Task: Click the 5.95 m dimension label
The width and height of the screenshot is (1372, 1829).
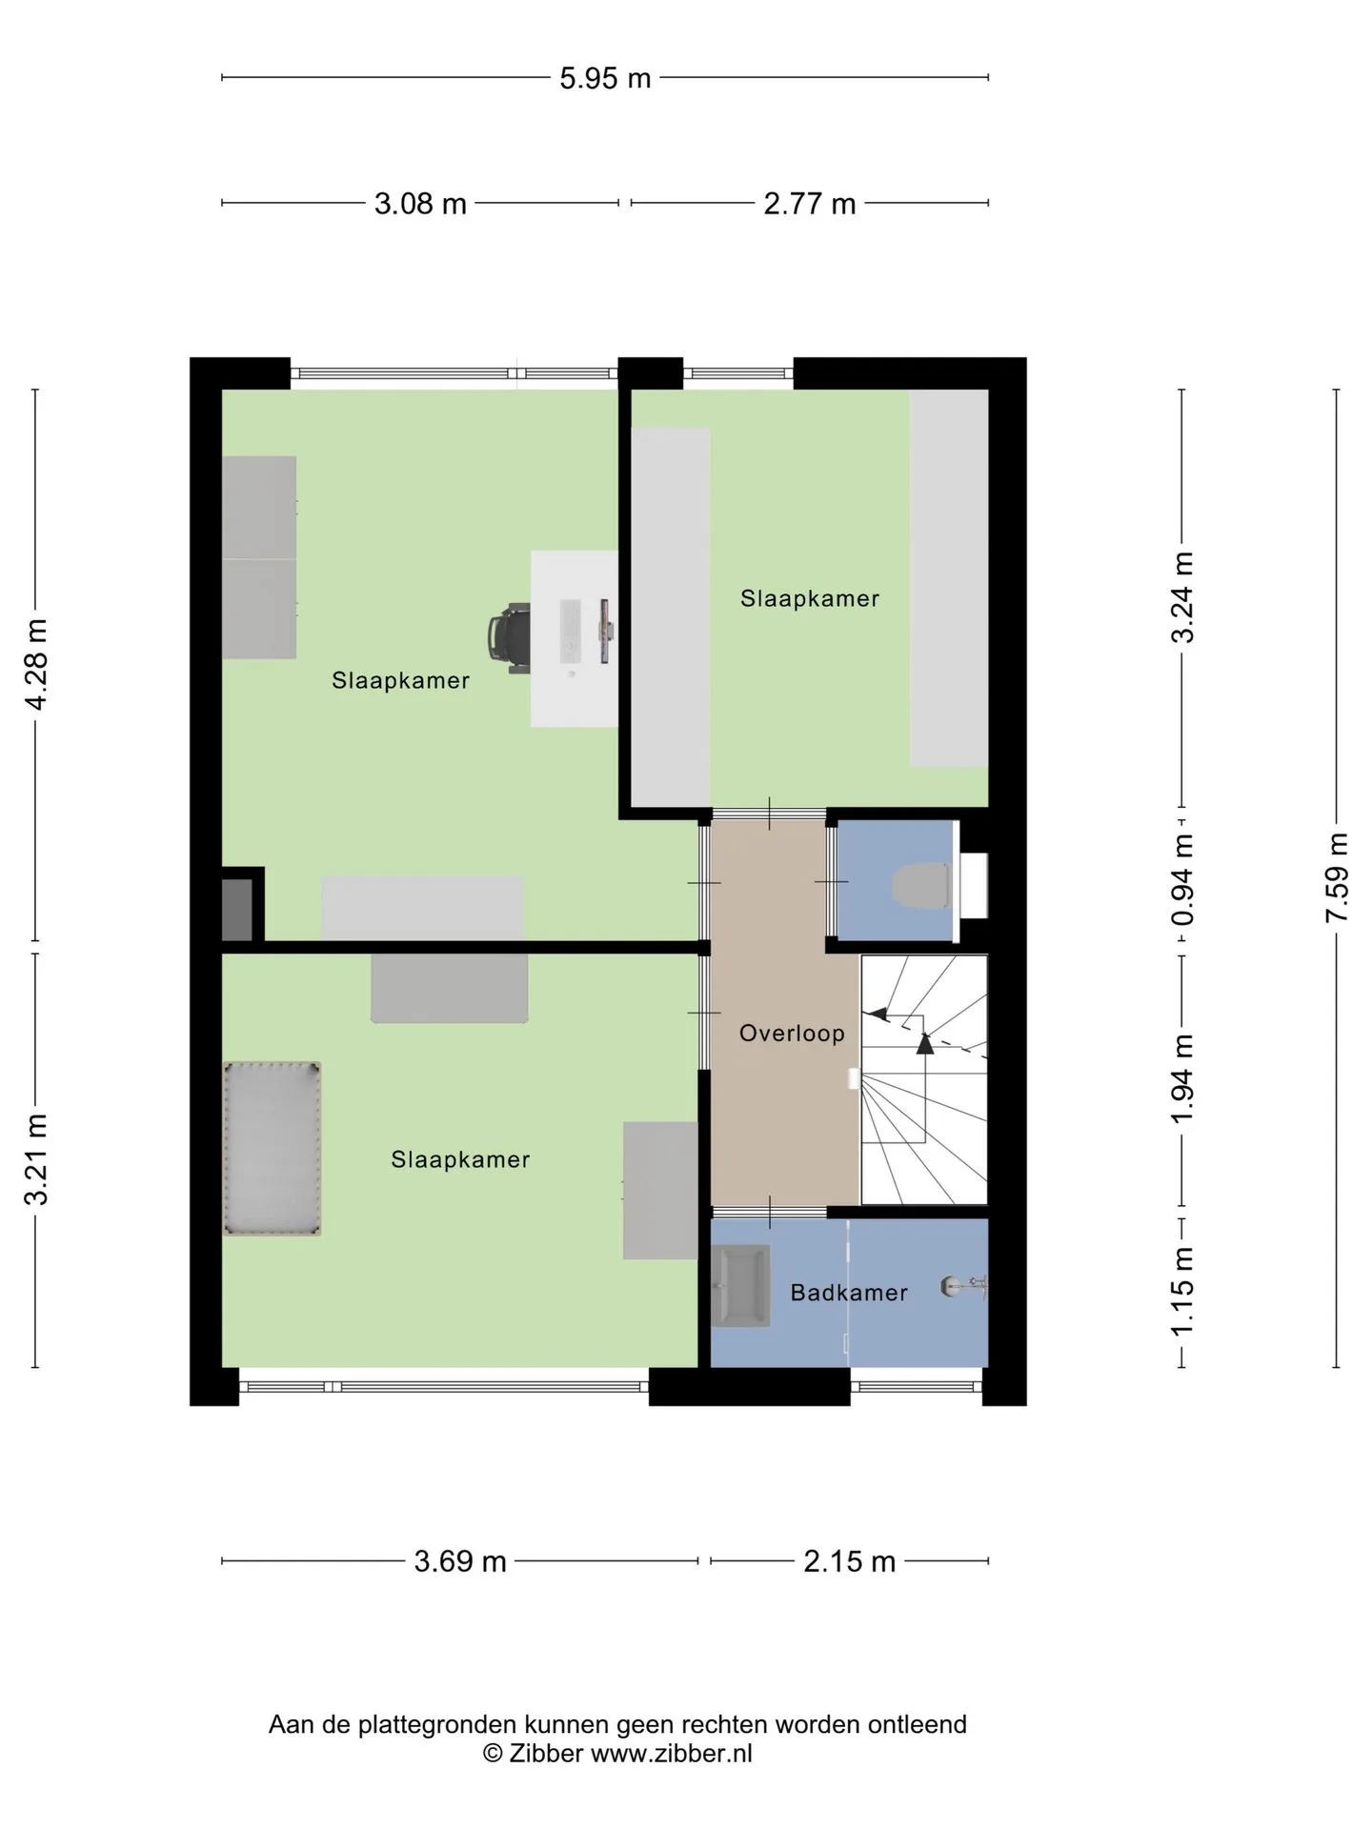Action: (x=605, y=78)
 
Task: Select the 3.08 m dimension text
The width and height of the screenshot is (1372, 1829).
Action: (x=420, y=204)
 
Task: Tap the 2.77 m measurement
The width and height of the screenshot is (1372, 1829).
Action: (x=810, y=204)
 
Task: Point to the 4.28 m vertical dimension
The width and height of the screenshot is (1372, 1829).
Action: (x=36, y=664)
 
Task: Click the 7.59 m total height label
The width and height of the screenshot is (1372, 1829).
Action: (x=1337, y=877)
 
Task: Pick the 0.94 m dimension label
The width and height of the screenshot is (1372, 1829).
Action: (x=1182, y=880)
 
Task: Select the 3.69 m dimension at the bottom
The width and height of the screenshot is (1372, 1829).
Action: (x=460, y=1561)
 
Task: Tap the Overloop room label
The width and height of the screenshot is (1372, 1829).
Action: (x=792, y=1034)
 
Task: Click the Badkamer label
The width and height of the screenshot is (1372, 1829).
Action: (x=849, y=1293)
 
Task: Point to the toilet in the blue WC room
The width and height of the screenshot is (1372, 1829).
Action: (x=922, y=885)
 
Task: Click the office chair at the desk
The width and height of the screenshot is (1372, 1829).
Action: (x=509, y=638)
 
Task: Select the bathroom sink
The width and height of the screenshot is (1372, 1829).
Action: (x=740, y=1285)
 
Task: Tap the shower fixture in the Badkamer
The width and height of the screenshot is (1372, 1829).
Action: (x=963, y=1286)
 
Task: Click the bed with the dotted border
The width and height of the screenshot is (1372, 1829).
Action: (x=272, y=1149)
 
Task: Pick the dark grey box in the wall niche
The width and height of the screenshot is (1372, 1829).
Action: (x=237, y=910)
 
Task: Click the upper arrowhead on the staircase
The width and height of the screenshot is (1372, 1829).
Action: (x=877, y=1014)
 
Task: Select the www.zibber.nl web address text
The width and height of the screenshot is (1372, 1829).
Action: (x=672, y=1754)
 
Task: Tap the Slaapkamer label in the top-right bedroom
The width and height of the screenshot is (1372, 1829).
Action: (x=810, y=598)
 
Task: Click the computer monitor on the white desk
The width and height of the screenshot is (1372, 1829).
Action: (x=605, y=631)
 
